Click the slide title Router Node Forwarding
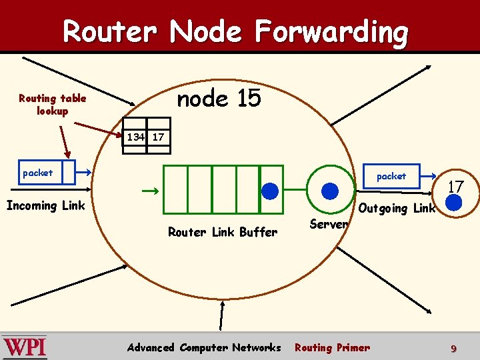click(235, 31)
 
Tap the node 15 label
click(219, 99)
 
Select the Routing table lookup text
click(52, 105)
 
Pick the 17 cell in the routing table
click(159, 137)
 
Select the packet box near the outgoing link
click(391, 176)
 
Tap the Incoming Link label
click(45, 205)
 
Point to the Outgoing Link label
click(397, 208)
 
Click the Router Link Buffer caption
click(223, 232)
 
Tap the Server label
click(329, 224)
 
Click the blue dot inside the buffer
click(270, 191)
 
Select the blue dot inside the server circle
click(330, 191)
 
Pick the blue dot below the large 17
click(454, 203)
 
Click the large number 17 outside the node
click(455, 187)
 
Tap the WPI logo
click(25, 347)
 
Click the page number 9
click(453, 348)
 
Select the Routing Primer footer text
click(332, 347)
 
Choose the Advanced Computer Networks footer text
click(204, 347)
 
